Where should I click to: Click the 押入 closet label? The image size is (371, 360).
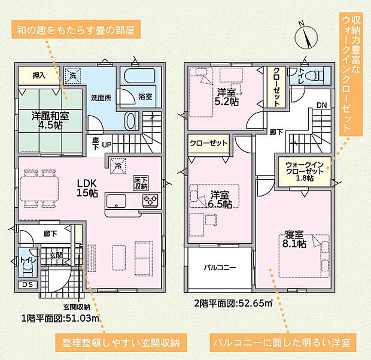(38, 76)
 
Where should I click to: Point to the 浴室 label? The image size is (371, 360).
(145, 96)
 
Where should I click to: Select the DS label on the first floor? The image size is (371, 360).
(28, 284)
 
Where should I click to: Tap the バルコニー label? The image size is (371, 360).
(220, 268)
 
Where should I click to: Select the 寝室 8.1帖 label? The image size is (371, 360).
(294, 238)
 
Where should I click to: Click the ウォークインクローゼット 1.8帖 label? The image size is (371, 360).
(305, 170)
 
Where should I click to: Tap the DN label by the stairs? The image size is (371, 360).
(321, 104)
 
